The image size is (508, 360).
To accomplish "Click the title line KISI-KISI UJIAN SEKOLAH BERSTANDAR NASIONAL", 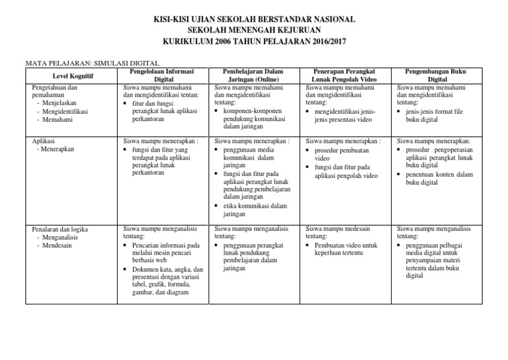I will pos(253,20).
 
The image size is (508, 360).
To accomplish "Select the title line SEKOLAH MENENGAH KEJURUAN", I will pos(253,31).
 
